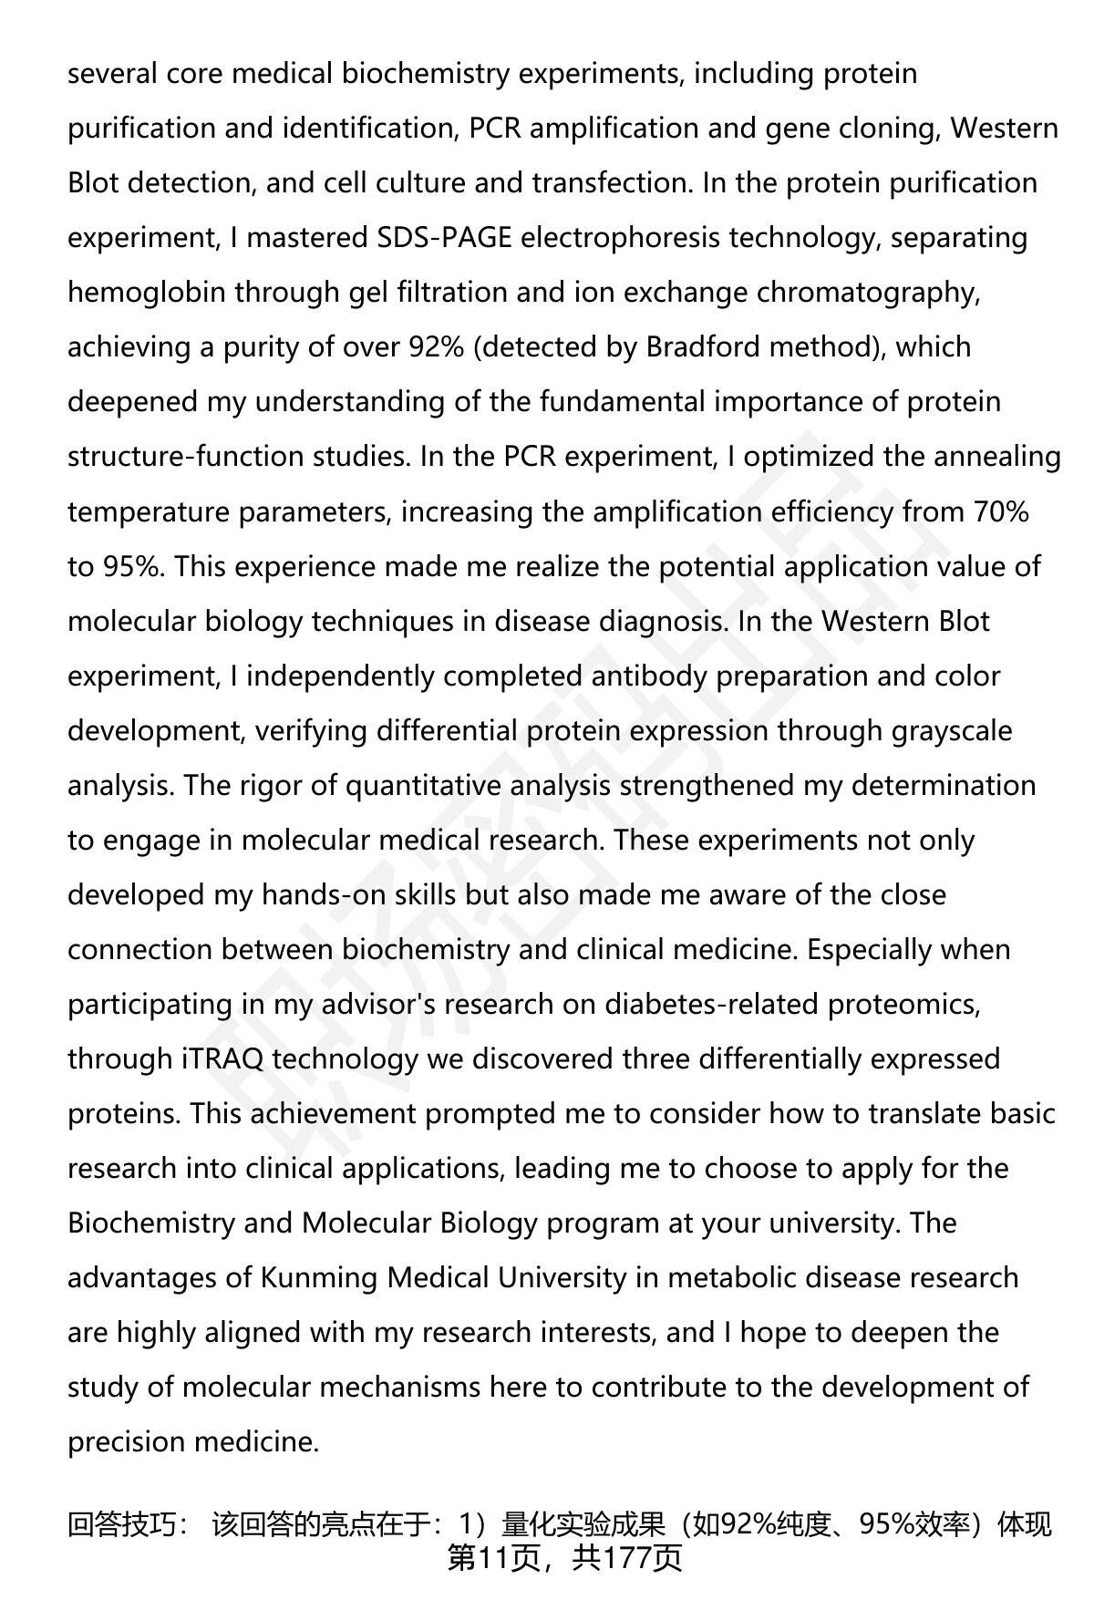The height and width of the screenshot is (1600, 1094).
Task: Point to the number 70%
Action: [x=1001, y=511]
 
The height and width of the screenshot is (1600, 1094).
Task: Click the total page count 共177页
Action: [x=627, y=1558]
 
